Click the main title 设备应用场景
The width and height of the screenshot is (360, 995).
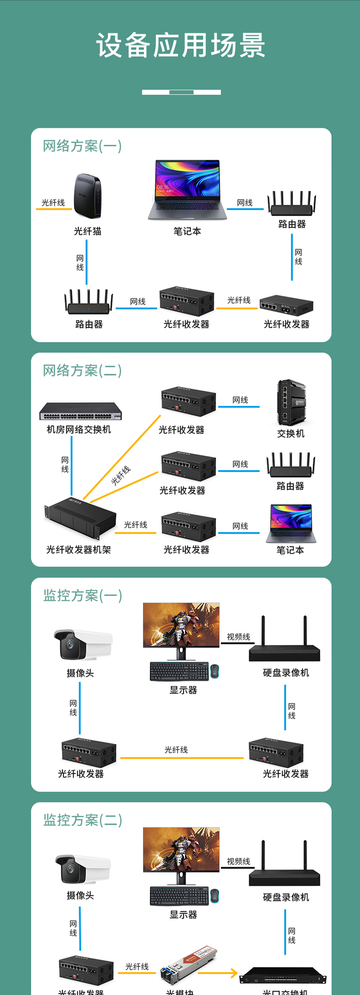180,45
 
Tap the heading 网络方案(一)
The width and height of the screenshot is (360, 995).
82,146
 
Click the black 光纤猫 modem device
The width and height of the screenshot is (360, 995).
87,196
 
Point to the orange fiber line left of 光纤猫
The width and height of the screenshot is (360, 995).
54,209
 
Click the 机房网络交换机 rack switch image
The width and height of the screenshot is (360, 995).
80,411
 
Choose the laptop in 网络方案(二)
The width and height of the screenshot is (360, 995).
291,523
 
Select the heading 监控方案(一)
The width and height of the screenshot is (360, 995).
82,595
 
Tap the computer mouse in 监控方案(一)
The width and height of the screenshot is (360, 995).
215,671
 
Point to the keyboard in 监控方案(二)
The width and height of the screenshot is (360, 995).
179,896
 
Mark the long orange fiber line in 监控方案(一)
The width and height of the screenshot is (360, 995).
182,758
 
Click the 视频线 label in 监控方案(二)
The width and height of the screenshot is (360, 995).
238,861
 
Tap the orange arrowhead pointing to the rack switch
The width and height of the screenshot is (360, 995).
234,973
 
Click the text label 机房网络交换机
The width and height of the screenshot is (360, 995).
79,429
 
